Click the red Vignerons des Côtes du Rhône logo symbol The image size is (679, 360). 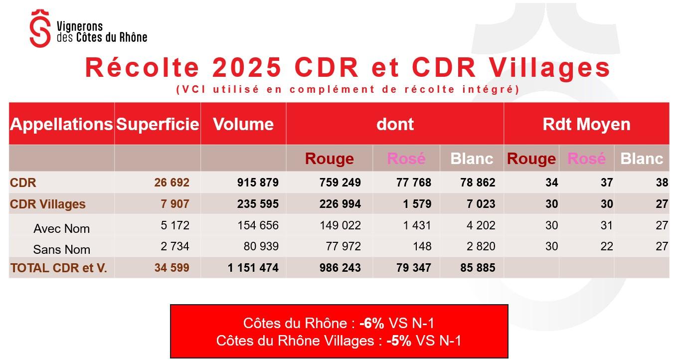[x=40, y=29]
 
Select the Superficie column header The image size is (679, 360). [x=158, y=124]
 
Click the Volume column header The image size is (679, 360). [x=243, y=124]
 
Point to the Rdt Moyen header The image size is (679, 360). [x=586, y=124]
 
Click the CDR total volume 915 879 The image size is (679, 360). [x=257, y=183]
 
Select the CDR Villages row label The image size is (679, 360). [x=48, y=204]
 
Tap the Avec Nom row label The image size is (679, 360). [x=61, y=229]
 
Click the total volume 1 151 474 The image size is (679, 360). [x=253, y=268]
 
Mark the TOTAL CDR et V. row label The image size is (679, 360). [x=59, y=268]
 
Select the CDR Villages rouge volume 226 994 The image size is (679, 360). [x=340, y=204]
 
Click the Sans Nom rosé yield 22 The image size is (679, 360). [x=606, y=246]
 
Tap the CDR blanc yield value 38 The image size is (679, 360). [x=662, y=183]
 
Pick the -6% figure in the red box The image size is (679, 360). [x=372, y=323]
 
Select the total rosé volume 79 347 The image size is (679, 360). [x=411, y=268]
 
